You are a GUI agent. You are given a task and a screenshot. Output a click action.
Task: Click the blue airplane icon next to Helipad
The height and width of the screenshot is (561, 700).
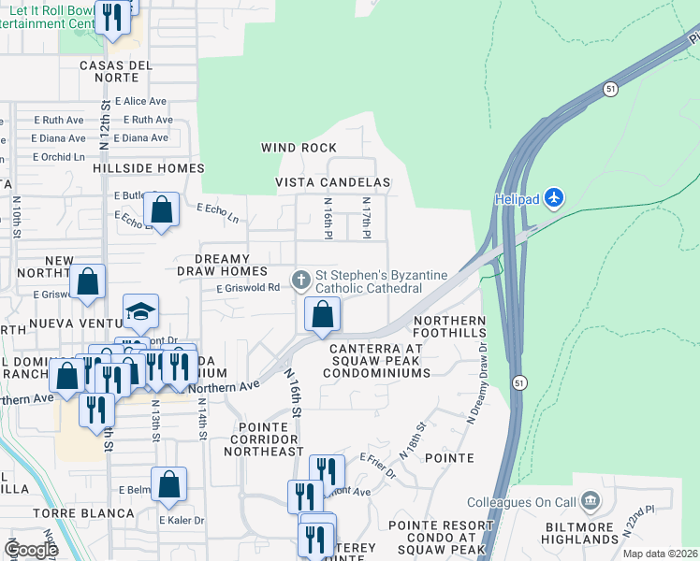click(555, 197)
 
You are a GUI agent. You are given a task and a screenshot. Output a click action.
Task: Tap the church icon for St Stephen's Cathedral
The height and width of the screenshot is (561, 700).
click(301, 279)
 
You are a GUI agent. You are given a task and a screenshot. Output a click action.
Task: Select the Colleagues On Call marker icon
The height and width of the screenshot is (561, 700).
click(591, 502)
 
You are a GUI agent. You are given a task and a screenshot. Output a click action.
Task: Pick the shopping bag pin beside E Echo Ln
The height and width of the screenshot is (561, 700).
click(162, 209)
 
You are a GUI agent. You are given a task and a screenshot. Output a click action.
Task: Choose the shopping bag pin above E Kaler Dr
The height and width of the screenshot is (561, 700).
click(168, 484)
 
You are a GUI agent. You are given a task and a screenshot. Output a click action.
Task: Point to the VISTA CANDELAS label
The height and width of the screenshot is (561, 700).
click(332, 181)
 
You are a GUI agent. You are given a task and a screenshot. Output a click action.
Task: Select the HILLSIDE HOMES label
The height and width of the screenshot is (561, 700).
click(149, 168)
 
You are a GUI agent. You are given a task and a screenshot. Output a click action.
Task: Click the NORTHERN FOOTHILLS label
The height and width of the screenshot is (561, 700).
click(450, 328)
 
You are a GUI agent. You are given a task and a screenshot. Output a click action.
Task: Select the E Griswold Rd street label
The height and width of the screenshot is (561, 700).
click(249, 288)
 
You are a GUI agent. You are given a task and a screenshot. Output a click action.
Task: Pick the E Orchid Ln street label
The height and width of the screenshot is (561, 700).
click(59, 156)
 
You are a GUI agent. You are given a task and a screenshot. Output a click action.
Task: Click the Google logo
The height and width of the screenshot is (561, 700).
click(30, 549)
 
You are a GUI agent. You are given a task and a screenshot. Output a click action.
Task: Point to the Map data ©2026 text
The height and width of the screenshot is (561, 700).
click(660, 554)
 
